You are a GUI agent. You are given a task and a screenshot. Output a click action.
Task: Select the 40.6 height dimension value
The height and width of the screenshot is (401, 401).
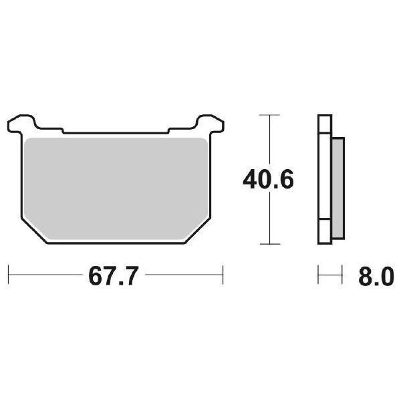[x=268, y=180]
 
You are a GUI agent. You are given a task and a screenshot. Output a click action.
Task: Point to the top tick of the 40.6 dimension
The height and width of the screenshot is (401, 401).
[x=269, y=116]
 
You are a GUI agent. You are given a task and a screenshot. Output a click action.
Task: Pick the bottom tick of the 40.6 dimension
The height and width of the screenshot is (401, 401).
[x=269, y=245]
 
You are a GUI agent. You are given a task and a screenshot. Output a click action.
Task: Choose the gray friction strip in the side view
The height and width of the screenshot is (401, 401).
[x=338, y=187]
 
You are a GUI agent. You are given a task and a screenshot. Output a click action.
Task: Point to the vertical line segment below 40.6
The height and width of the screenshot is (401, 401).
[x=269, y=221]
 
